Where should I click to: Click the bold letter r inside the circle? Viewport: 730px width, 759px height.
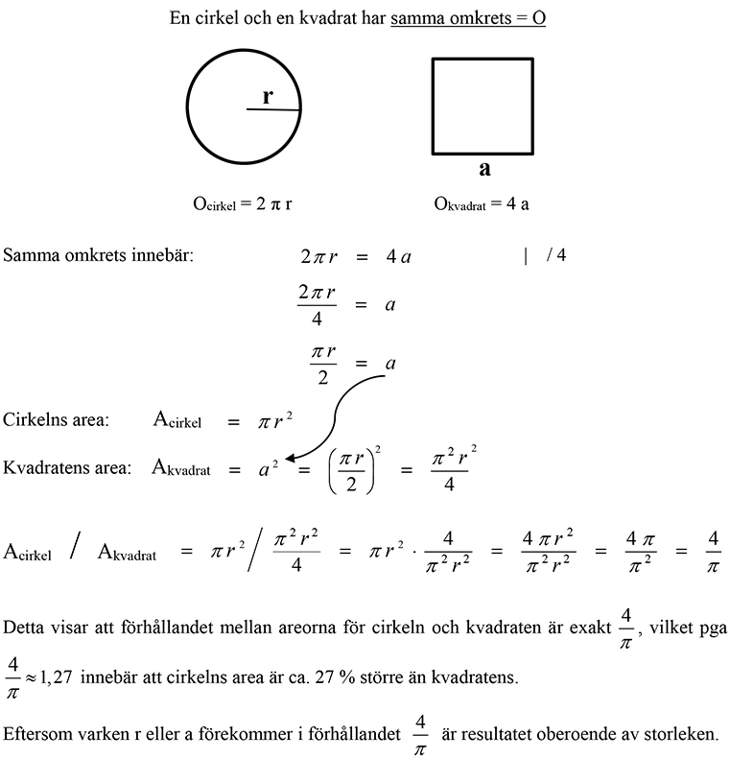point(269,96)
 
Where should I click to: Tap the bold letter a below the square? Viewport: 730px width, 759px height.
point(484,169)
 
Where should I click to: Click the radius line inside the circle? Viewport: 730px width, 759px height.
point(273,109)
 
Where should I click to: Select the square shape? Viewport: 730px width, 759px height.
point(483,106)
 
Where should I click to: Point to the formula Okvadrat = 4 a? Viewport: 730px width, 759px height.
point(481,203)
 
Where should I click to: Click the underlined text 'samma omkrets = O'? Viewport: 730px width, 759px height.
point(468,18)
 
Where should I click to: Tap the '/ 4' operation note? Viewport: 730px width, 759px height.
point(556,256)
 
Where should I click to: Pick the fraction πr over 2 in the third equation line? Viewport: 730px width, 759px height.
point(323,365)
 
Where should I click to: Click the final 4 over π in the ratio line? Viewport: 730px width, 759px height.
point(712,554)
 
